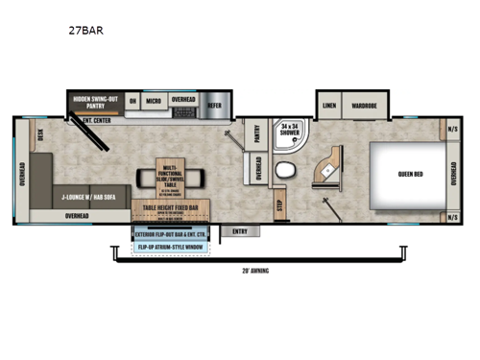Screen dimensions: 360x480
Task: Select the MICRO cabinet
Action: coord(154,100)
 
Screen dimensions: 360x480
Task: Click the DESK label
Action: coord(40,137)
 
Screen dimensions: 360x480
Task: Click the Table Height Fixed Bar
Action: coord(171,206)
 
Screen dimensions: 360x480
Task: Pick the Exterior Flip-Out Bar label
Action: coord(172,233)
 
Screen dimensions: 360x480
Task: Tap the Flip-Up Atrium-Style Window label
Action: coord(172,247)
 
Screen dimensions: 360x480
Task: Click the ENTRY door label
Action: coord(239,230)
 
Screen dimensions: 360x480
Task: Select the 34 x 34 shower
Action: coord(289,135)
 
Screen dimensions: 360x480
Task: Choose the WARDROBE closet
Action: coord(364,105)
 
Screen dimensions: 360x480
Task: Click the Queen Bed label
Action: coord(412,175)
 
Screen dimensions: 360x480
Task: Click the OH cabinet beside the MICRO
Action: coord(132,100)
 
